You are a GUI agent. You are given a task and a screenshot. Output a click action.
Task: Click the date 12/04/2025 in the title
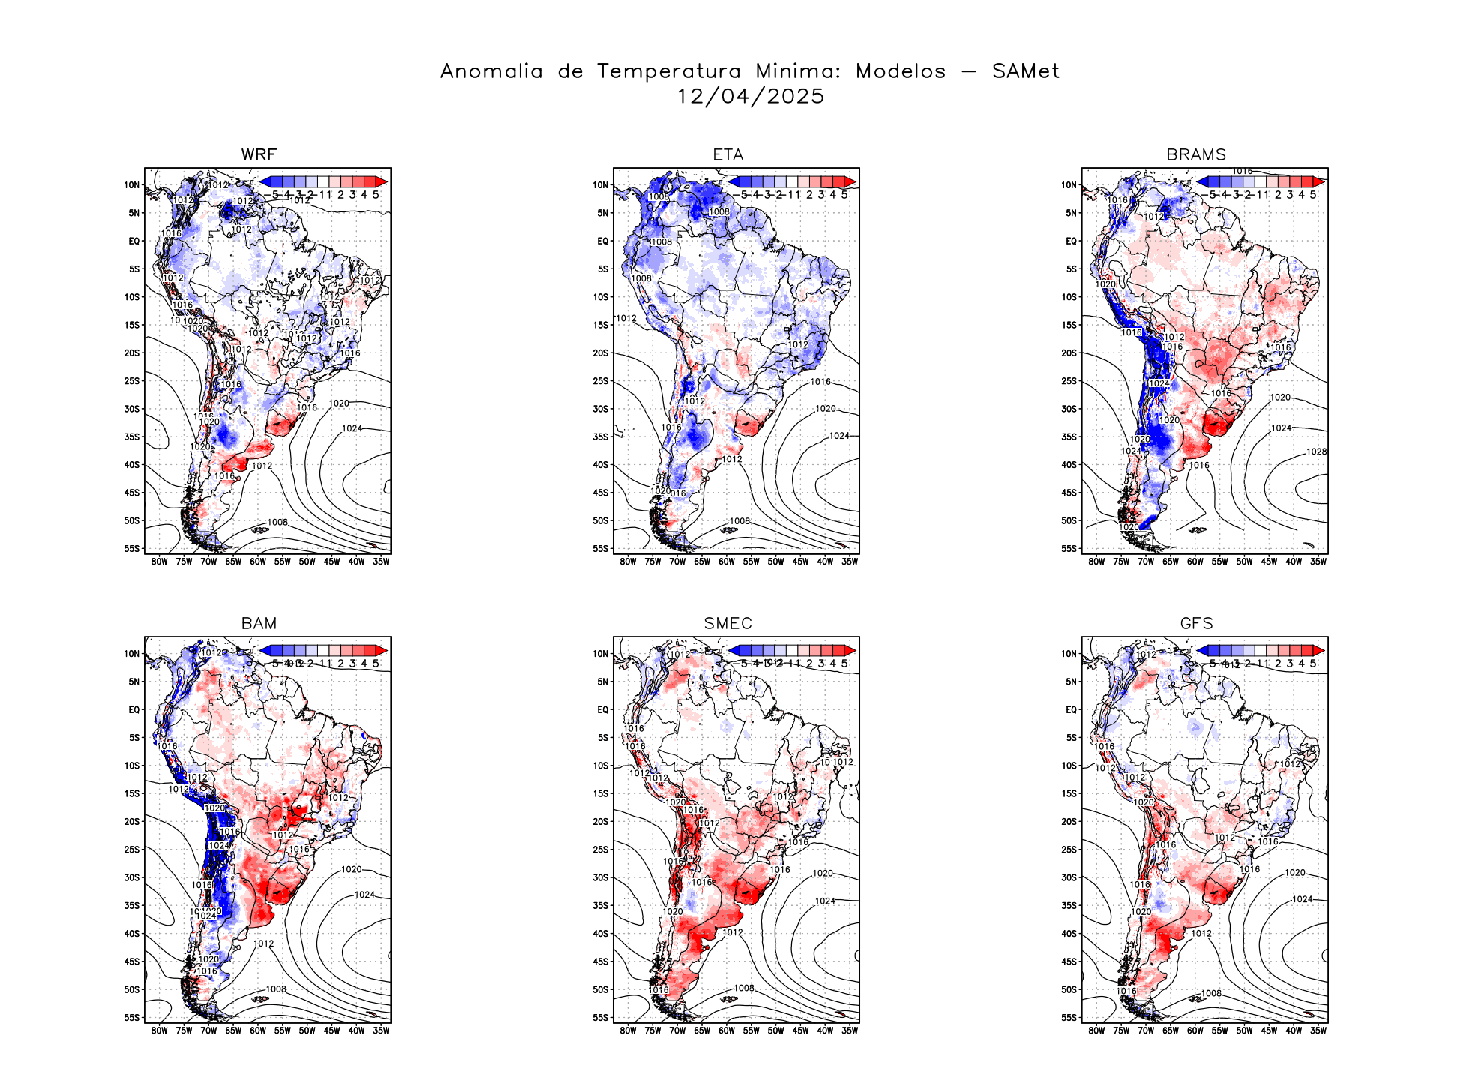[x=750, y=97]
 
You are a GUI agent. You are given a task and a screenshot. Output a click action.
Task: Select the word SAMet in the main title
[x=1025, y=71]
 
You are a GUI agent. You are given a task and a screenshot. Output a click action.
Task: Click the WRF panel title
[x=259, y=155]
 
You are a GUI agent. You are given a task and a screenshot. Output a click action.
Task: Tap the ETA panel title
[x=727, y=155]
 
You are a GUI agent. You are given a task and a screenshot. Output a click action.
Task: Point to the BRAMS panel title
[x=1196, y=155]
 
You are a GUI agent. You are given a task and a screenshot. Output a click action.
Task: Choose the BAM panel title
[x=259, y=624]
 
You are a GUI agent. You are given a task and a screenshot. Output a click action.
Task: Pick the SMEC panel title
[x=727, y=624]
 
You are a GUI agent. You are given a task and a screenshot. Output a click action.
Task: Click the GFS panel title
[x=1196, y=624]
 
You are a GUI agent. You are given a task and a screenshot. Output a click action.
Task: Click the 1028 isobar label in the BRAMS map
[x=1316, y=451]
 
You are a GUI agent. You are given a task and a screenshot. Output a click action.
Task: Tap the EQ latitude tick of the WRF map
[x=134, y=241]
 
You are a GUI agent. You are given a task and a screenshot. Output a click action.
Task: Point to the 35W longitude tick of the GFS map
[x=1318, y=1030]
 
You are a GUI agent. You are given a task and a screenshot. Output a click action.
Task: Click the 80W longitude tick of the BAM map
[x=159, y=1030]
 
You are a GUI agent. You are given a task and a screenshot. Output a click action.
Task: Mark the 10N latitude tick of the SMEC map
[x=601, y=654]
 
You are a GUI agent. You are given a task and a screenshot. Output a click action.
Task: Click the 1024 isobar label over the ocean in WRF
[x=352, y=428]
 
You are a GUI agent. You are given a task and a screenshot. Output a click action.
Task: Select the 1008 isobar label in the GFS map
[x=1211, y=993]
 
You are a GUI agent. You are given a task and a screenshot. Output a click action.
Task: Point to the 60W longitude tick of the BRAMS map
[x=1195, y=562]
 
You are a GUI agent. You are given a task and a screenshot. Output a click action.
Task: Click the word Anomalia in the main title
[x=491, y=71]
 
